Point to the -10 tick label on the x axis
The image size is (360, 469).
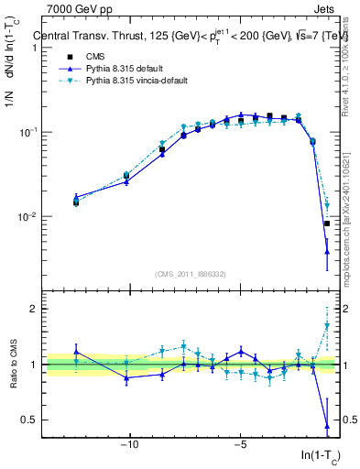pyautogui.click(x=129, y=446)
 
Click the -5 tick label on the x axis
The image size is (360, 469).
pyautogui.click(x=241, y=446)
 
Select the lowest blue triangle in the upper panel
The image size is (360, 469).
pyautogui.click(x=327, y=266)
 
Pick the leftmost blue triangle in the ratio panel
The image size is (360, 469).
pyautogui.click(x=76, y=352)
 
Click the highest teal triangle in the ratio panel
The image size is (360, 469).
pyautogui.click(x=327, y=325)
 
